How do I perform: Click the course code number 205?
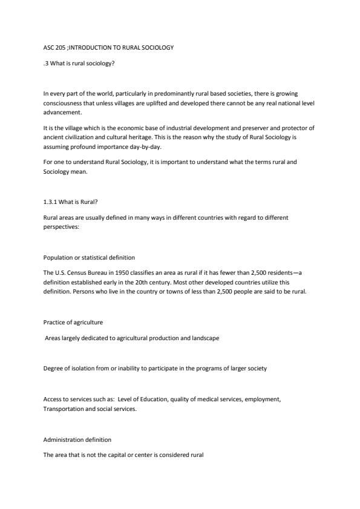(x=59, y=47)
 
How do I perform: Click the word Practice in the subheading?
(x=54, y=322)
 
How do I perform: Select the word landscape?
(x=204, y=338)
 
